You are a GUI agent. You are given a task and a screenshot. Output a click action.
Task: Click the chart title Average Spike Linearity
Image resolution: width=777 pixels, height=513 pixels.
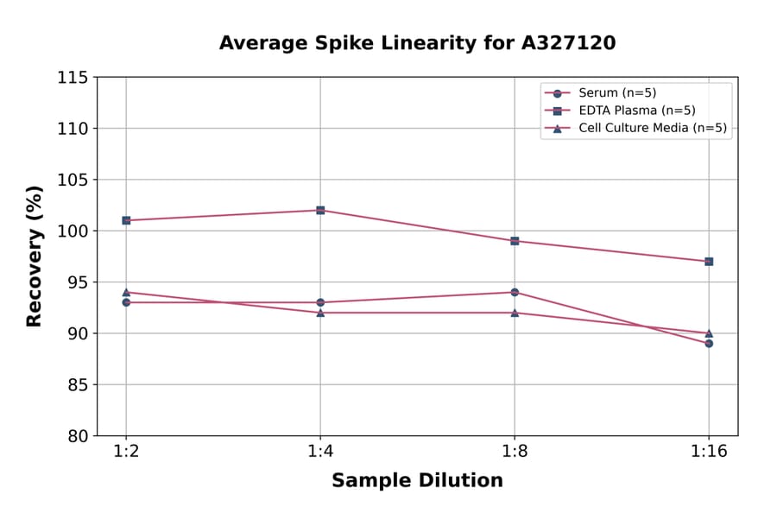click(417, 43)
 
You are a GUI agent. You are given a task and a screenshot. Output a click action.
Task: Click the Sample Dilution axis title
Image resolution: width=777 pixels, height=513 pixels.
click(417, 481)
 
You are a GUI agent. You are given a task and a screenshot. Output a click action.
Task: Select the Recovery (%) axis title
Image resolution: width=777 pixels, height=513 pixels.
click(35, 256)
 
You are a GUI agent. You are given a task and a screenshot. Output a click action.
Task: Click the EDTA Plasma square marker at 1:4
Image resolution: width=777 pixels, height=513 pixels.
click(320, 210)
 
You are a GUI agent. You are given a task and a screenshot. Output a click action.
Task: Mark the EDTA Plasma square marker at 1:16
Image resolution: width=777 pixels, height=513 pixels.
click(709, 261)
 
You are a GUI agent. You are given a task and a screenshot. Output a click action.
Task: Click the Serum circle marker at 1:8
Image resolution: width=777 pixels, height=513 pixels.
click(515, 292)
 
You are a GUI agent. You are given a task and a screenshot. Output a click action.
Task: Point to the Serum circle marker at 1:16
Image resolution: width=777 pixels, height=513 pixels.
click(709, 343)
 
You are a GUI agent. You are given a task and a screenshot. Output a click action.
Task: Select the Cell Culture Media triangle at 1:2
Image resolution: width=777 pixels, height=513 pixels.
click(126, 292)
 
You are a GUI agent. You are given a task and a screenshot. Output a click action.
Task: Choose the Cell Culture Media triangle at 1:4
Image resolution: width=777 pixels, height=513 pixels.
click(320, 312)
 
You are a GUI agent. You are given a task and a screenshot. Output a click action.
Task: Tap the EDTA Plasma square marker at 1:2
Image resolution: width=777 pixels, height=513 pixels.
click(126, 220)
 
